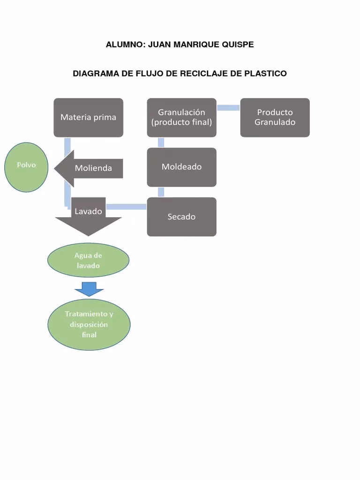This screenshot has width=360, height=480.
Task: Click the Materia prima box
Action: tap(88, 117)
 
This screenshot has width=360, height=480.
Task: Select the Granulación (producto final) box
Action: tap(181, 117)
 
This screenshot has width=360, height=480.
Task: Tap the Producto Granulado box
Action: tap(275, 117)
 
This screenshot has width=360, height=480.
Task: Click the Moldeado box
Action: tap(181, 167)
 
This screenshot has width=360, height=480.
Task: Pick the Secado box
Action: tap(181, 217)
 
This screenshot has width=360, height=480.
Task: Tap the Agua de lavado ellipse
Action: tap(88, 261)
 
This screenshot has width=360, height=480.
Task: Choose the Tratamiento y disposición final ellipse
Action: tap(89, 324)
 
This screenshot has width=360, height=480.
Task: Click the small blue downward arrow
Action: tap(89, 289)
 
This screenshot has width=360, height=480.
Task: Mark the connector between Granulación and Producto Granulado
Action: tap(228, 108)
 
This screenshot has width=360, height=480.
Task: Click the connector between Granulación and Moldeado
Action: tap(161, 142)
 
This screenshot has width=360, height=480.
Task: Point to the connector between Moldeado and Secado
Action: tap(161, 192)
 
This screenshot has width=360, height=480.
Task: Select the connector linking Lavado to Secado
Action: tap(127, 206)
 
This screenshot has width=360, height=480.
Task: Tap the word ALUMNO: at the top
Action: tap(124, 45)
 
